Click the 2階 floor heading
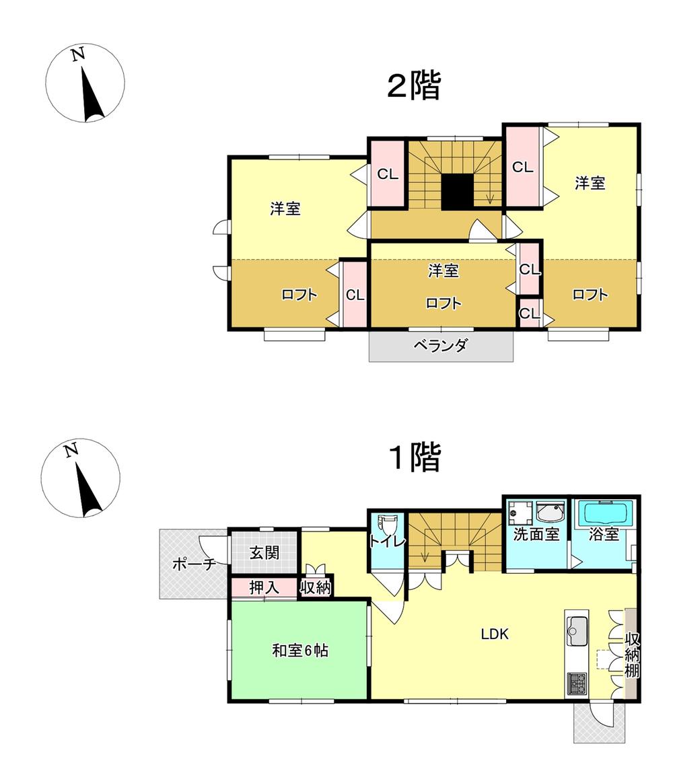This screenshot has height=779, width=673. tap(414, 87)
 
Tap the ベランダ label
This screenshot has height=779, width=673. tap(440, 345)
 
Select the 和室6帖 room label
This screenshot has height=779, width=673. tap(300, 651)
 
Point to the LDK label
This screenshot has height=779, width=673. tap(495, 634)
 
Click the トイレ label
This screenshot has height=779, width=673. tap(387, 542)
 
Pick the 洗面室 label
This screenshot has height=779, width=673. tap(536, 535)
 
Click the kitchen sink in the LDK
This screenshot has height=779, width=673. tap(577, 631)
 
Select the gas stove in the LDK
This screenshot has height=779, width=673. tap(577, 683)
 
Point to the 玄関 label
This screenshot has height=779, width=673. tap(264, 552)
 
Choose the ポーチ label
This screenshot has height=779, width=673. tap(194, 564)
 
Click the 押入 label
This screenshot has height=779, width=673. tap(264, 588)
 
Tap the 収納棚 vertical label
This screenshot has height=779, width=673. tap(632, 655)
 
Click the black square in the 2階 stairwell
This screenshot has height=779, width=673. tap(457, 192)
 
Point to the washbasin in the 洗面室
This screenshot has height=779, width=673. tap(551, 512)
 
